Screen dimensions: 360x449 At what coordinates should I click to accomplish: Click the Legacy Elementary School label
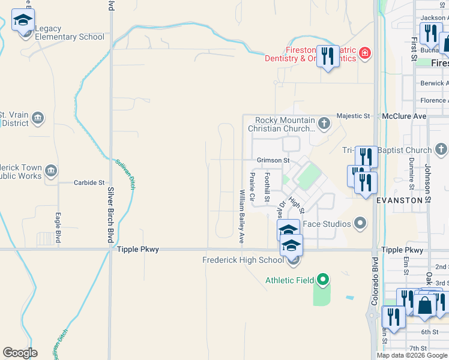(x=69, y=33)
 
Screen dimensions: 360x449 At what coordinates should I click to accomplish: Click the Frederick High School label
(x=243, y=260)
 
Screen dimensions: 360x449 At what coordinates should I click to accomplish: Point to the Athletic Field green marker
(x=323, y=280)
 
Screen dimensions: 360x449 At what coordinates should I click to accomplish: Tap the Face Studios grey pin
(x=360, y=224)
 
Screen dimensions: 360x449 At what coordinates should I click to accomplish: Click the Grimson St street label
(x=273, y=161)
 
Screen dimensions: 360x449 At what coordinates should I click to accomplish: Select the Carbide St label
(x=89, y=182)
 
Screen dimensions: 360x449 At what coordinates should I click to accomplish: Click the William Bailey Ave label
(x=242, y=216)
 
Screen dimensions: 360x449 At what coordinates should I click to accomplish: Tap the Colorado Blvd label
(x=375, y=282)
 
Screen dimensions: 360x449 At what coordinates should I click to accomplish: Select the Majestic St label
(x=354, y=116)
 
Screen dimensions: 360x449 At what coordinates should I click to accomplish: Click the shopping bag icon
(x=424, y=305)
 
